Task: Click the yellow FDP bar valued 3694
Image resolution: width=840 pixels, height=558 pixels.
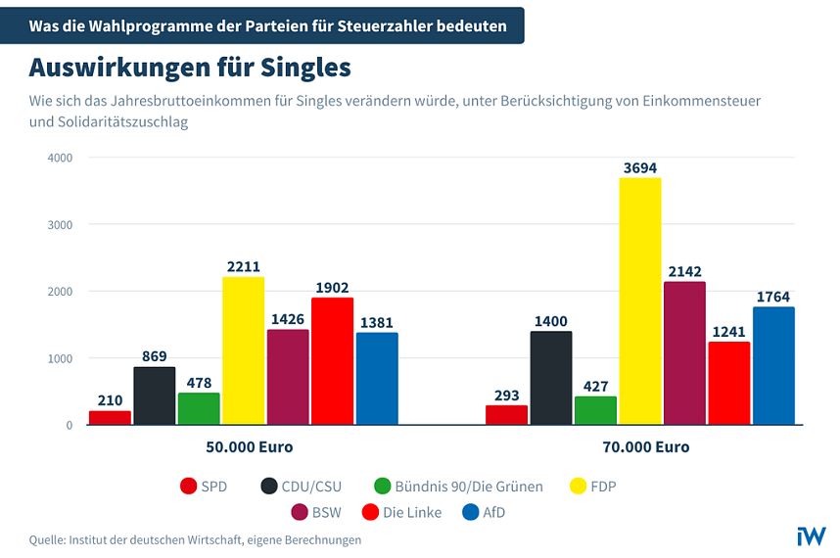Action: [639, 302]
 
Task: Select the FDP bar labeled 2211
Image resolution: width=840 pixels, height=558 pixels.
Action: [243, 350]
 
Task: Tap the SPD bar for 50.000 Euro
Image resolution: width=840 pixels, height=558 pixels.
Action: [110, 417]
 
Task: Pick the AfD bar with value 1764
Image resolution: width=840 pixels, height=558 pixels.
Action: [772, 366]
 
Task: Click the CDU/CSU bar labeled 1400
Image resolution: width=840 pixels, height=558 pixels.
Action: [550, 378]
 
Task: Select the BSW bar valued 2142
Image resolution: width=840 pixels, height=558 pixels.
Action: [683, 353]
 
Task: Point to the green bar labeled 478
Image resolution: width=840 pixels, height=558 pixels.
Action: [199, 409]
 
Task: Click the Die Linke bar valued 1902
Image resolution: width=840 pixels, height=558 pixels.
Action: [332, 361]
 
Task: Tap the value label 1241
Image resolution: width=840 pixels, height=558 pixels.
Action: [728, 332]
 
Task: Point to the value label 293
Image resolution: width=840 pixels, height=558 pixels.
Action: [506, 395]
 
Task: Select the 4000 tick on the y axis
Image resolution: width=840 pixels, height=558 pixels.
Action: [60, 158]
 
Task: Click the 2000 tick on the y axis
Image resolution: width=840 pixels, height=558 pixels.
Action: [60, 292]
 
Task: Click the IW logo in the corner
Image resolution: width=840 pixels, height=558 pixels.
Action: [811, 535]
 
